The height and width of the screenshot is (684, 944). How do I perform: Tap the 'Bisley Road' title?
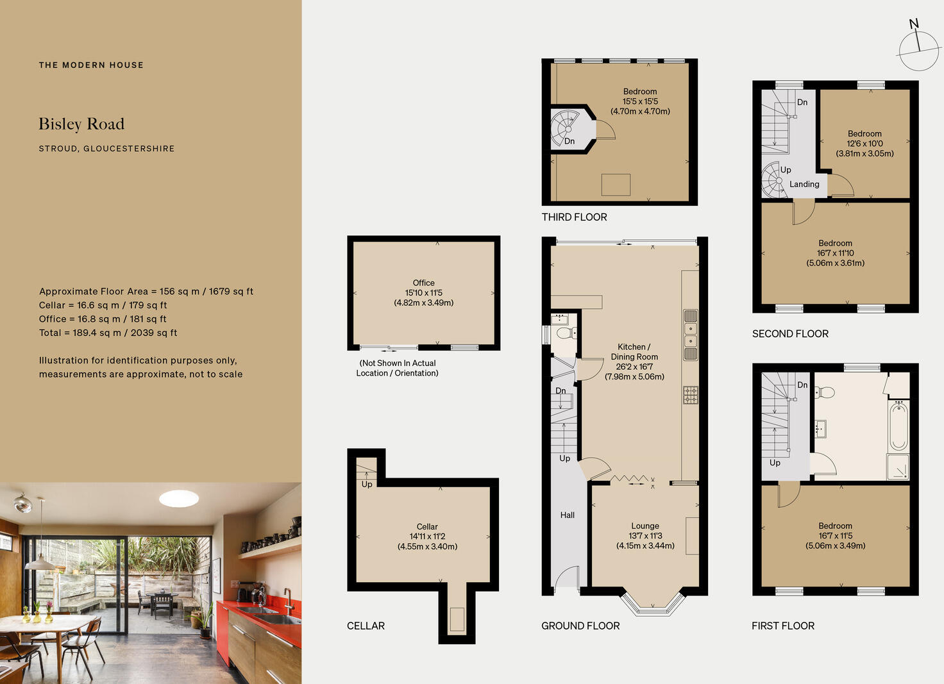click(81, 124)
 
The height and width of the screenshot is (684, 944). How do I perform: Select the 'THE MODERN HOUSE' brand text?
click(91, 65)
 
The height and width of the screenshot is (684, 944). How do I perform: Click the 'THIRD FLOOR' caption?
click(574, 217)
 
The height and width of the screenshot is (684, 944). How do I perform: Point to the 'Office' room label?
click(423, 283)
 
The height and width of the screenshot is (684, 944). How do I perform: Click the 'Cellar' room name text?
click(427, 527)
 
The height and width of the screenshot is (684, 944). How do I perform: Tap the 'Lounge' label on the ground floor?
click(645, 526)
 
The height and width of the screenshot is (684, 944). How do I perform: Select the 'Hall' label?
click(568, 515)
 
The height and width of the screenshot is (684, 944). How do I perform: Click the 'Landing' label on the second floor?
click(804, 185)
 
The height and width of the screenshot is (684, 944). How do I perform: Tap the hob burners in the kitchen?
click(690, 395)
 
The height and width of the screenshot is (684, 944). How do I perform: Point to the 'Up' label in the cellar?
click(367, 485)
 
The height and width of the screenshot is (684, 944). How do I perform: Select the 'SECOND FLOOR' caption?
click(790, 334)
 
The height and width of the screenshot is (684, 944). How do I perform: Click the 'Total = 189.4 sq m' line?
click(108, 333)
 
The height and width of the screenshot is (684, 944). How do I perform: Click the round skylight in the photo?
click(179, 498)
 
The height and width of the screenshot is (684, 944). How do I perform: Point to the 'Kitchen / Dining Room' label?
click(634, 352)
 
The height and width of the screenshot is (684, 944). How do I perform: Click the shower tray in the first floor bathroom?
click(898, 467)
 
